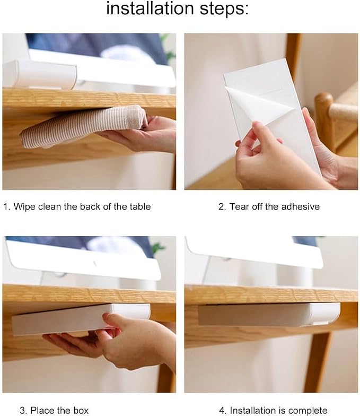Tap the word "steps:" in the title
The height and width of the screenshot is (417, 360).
(x=224, y=9)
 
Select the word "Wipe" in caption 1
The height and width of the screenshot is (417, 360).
(x=24, y=206)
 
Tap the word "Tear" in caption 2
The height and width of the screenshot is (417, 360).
(x=238, y=206)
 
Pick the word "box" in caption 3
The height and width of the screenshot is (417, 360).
(x=81, y=410)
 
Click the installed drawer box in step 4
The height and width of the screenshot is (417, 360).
(x=269, y=315)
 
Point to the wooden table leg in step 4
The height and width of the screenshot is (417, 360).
(x=318, y=362)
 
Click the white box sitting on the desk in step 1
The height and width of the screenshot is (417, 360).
(x=40, y=74)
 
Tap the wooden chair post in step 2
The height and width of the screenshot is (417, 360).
(x=324, y=120)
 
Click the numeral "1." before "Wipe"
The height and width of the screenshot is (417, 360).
(x=7, y=206)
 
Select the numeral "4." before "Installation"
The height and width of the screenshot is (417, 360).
(x=223, y=410)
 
